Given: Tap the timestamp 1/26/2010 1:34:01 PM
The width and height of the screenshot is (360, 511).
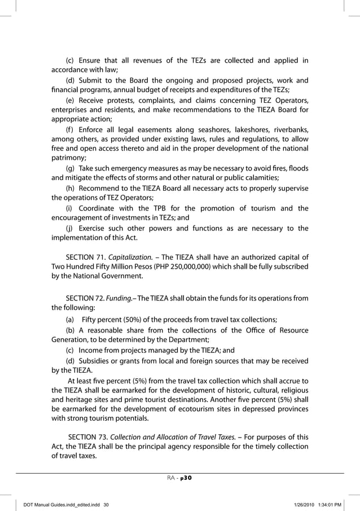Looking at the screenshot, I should [x=322, y=504].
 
